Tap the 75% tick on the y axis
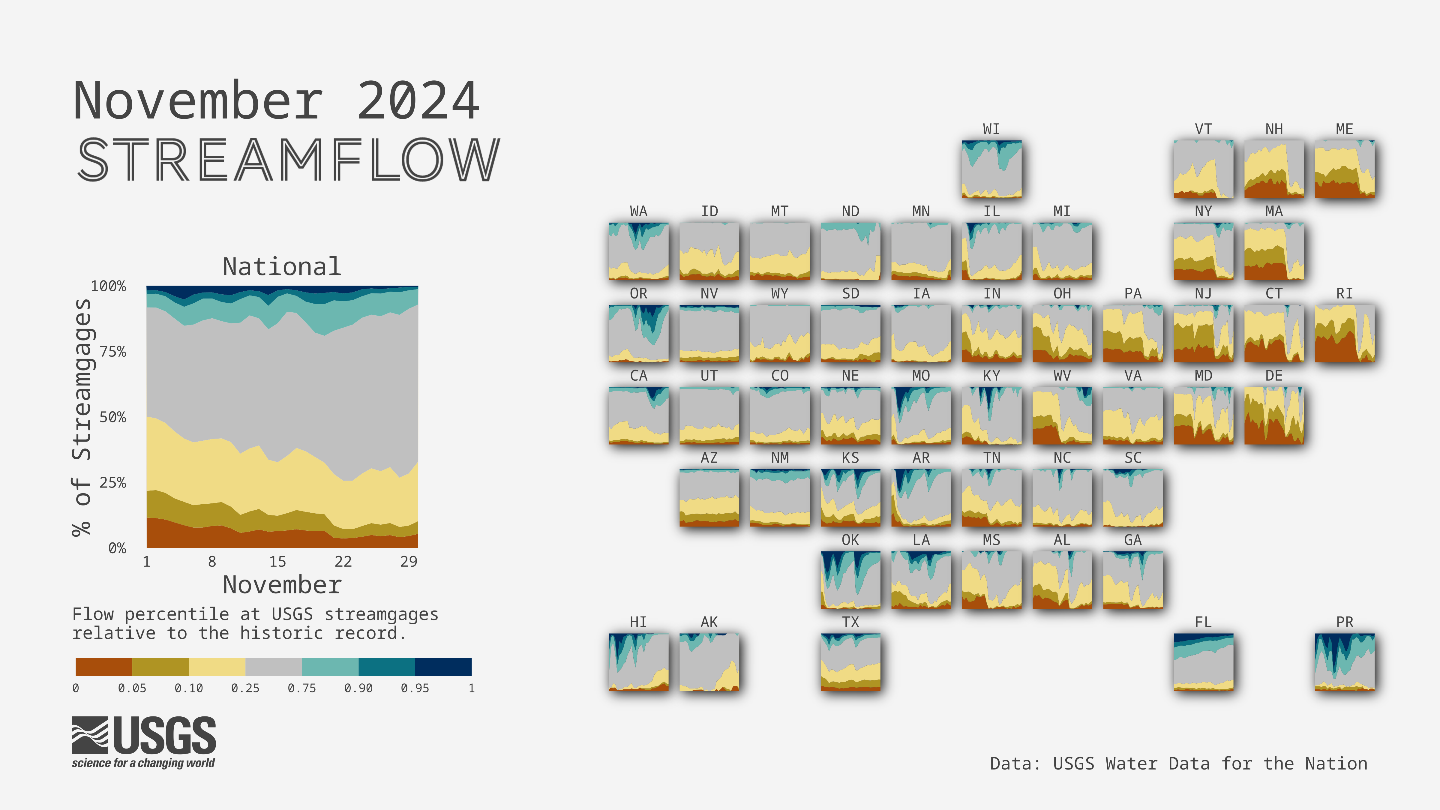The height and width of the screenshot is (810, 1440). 113,352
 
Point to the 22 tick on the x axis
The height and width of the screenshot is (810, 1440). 343,561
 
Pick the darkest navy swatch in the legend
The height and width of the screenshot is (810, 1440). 443,667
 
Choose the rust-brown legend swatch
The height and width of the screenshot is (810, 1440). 104,667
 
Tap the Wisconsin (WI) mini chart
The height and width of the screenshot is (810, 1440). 992,169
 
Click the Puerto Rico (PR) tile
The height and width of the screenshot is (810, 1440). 1344,662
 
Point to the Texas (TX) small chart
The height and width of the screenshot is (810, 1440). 850,662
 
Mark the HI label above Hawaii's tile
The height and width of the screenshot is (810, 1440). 638,622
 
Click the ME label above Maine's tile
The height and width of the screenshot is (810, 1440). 1344,129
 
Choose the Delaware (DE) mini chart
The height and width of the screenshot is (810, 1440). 1274,415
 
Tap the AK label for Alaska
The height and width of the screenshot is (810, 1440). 709,622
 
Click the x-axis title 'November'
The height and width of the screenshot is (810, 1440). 282,585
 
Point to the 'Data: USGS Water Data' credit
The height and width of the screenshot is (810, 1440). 1178,763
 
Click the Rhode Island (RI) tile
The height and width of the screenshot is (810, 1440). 1344,333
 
